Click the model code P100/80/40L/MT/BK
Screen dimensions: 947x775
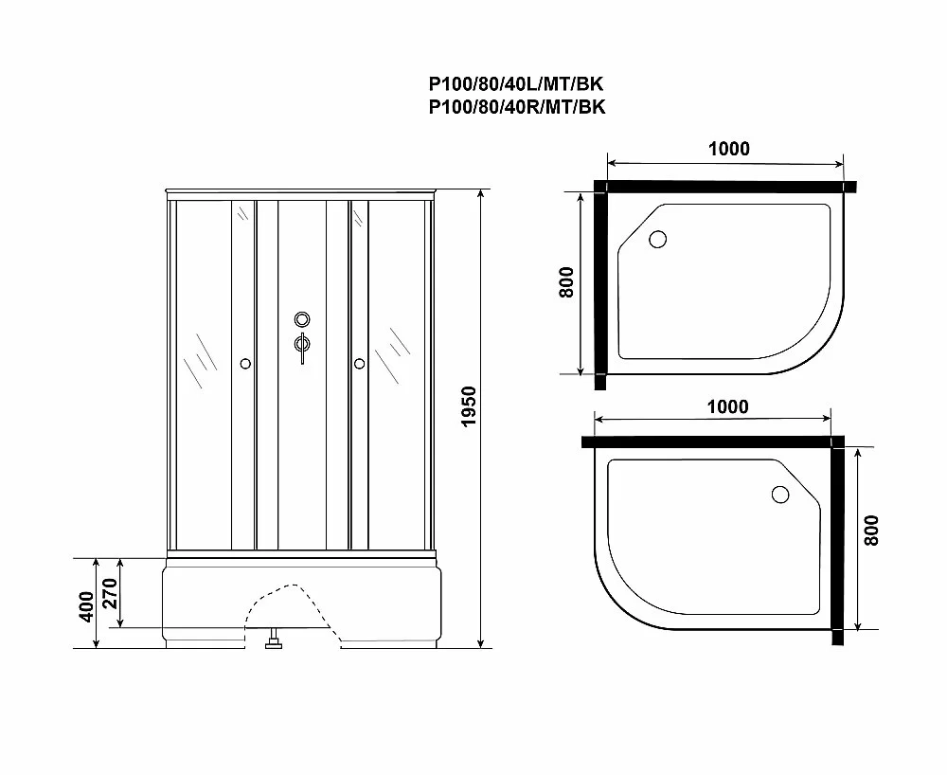[x=516, y=83]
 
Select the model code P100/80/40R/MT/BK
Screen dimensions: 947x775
[x=517, y=107]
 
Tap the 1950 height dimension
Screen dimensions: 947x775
[x=470, y=406]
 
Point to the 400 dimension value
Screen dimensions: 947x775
[x=86, y=606]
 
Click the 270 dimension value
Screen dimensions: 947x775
[x=109, y=593]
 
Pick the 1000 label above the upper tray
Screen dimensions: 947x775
[x=729, y=149]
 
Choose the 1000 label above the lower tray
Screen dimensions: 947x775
[x=727, y=406]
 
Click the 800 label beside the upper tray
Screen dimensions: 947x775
[x=566, y=282]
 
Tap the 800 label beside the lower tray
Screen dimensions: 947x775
[x=871, y=531]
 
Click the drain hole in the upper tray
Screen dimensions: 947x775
[x=658, y=240]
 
